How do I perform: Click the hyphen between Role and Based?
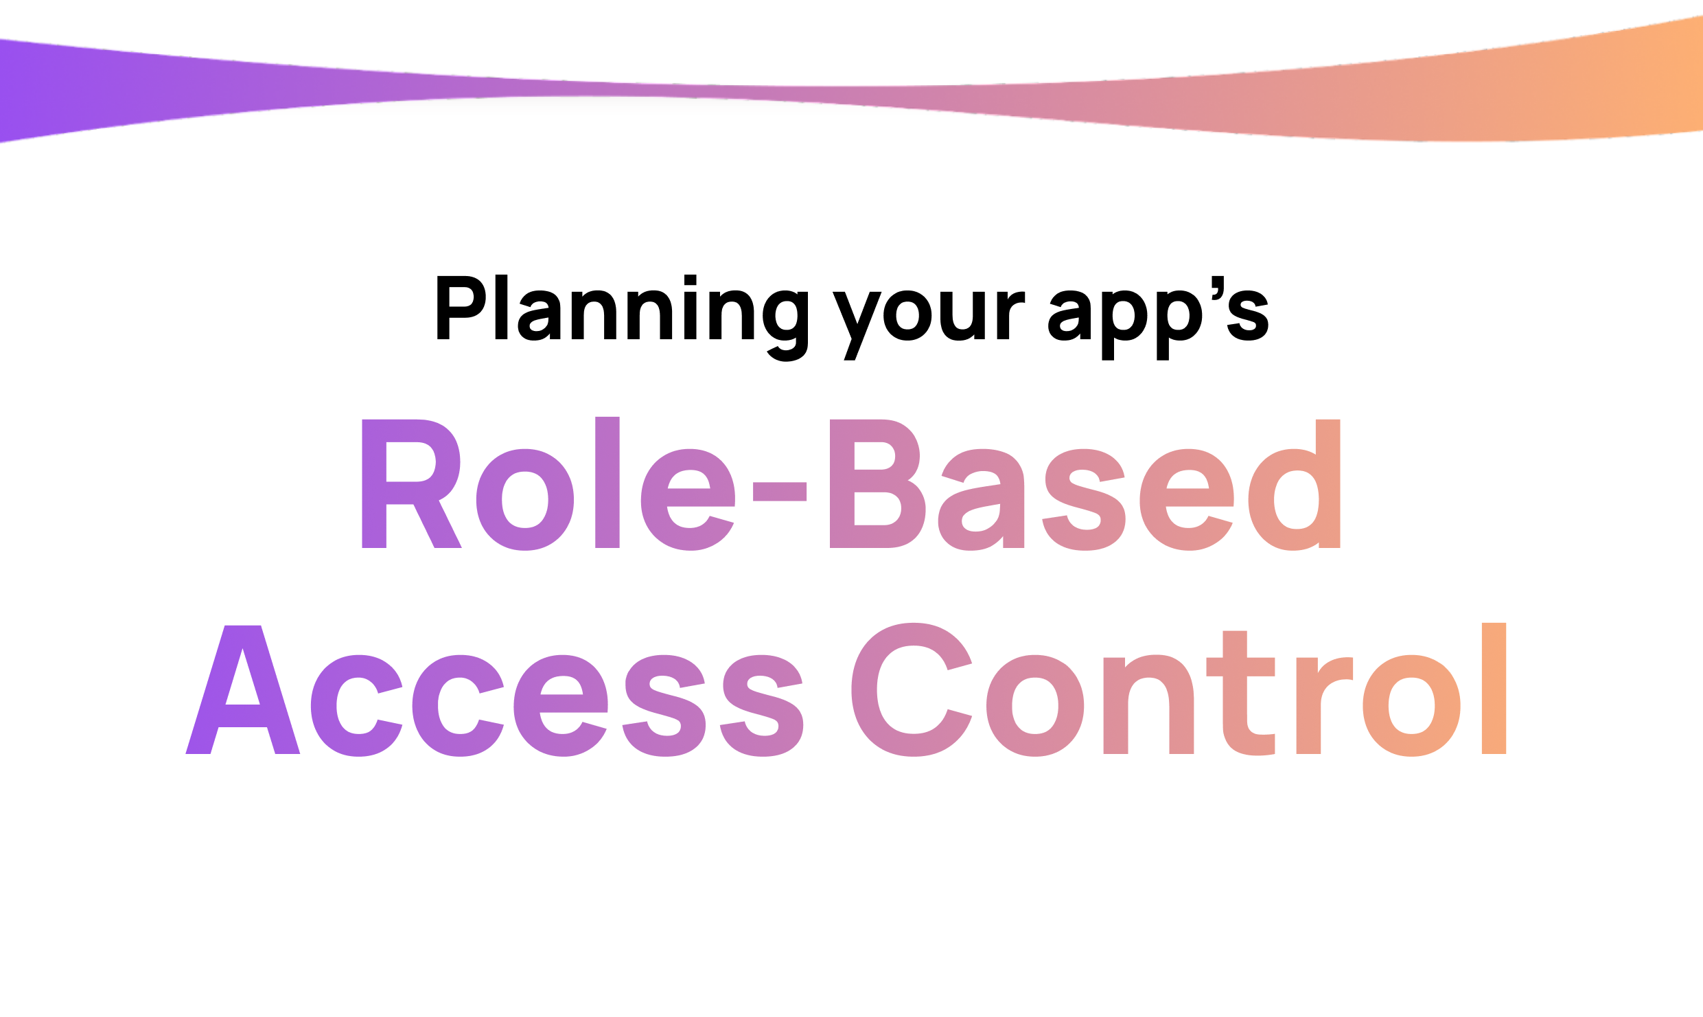[779, 492]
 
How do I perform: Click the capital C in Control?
[910, 690]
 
